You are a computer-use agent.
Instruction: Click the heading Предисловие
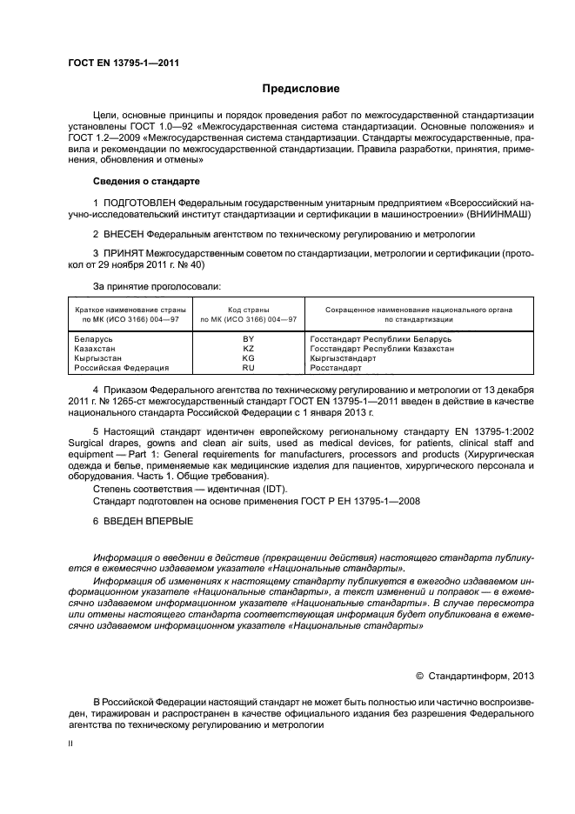[x=301, y=89]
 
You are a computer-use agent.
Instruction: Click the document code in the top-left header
[x=123, y=62]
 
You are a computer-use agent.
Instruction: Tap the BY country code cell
[x=248, y=337]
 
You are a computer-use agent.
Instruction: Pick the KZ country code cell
[x=248, y=348]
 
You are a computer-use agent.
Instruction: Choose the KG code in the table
[x=248, y=357]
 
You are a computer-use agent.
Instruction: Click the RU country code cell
[x=248, y=368]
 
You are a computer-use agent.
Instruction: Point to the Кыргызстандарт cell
[x=343, y=357]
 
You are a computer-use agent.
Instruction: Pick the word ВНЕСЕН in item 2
[x=123, y=235]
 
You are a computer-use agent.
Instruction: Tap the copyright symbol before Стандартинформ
[x=420, y=675]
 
